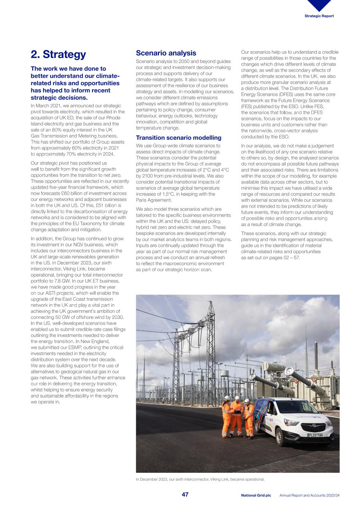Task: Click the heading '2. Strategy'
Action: [58, 54]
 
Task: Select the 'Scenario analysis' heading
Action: [166, 53]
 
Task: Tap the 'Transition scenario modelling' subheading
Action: [178, 138]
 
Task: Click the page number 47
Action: [185, 495]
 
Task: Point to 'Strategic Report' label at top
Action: [319, 16]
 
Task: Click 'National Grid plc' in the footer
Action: [256, 495]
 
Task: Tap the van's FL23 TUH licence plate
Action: [315, 435]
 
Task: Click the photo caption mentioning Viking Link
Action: [200, 479]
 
